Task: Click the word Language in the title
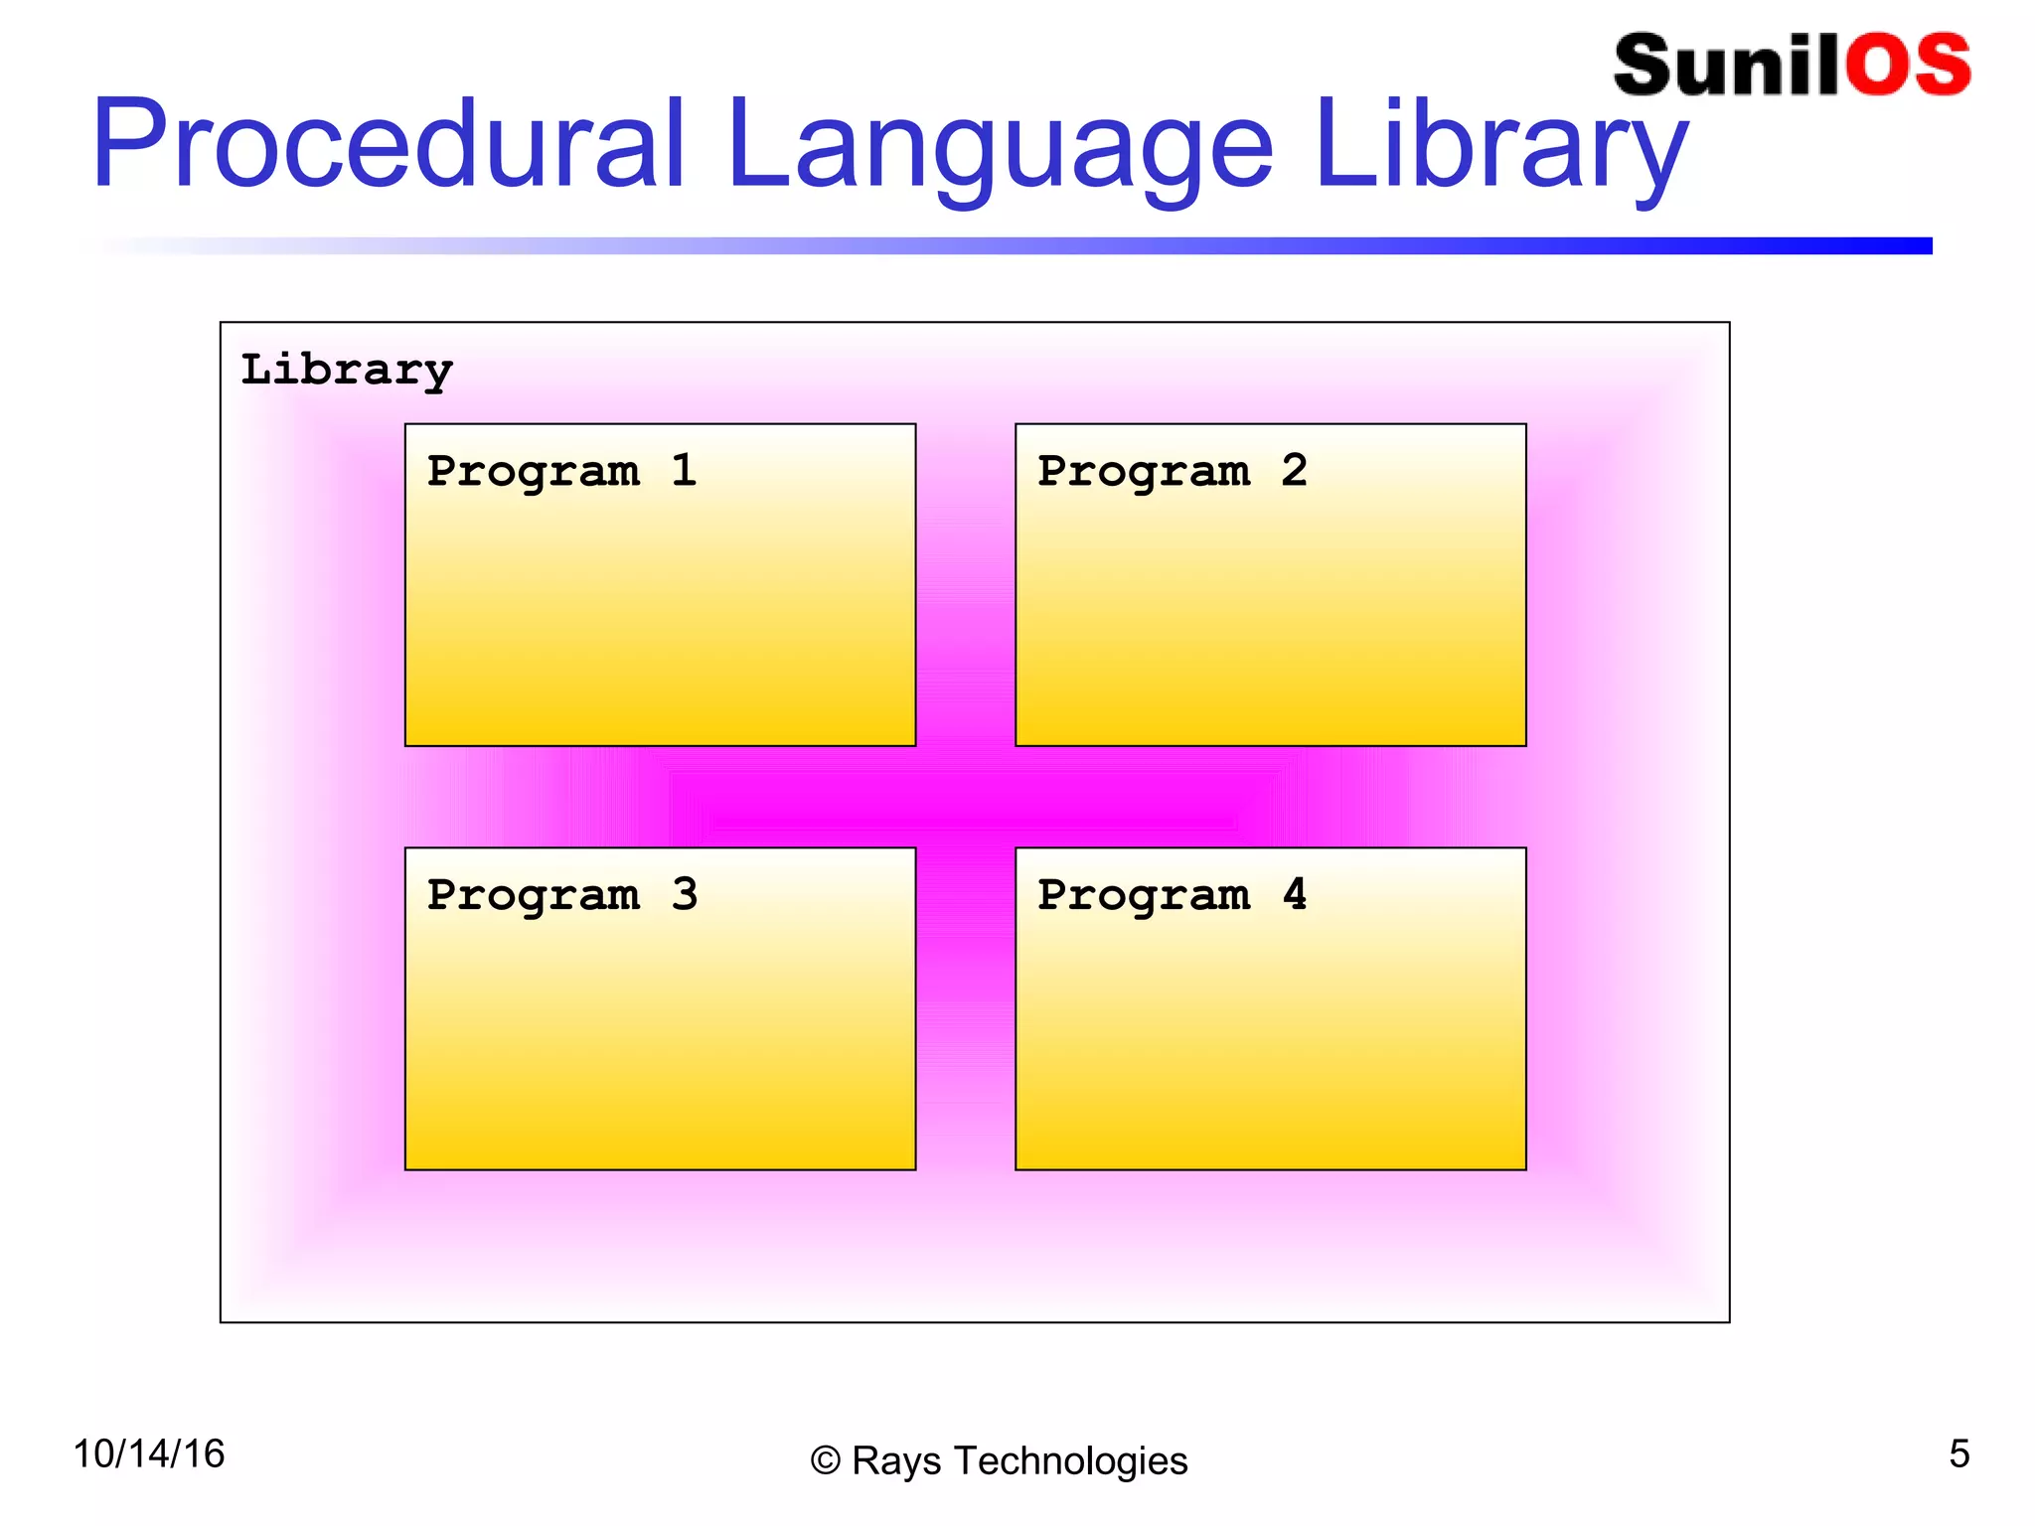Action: coord(999,149)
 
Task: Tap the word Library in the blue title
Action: coord(1500,149)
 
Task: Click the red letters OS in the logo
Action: coord(1908,66)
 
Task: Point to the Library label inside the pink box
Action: coord(347,371)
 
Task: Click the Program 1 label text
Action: coord(561,471)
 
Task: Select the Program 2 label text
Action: coord(1172,471)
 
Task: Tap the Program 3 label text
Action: coord(561,895)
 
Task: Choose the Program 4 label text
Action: coord(1172,895)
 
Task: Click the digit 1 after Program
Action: coord(684,470)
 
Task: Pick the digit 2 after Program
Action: coord(1294,470)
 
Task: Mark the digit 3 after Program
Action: coord(684,894)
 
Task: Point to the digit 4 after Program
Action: coord(1294,894)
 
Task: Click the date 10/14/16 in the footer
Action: coord(149,1454)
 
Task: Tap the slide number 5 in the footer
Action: coord(1958,1454)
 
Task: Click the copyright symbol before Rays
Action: coord(825,1461)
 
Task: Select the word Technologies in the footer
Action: coord(1069,1461)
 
